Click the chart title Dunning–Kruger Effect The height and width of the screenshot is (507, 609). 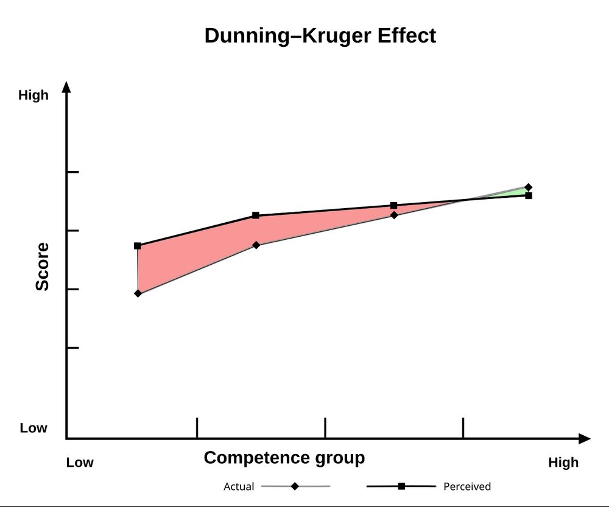[x=320, y=35]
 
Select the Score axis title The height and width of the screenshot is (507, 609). [x=42, y=267]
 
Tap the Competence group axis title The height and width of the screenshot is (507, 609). [x=284, y=458]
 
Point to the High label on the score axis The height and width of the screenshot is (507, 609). [x=33, y=96]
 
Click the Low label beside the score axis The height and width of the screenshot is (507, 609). [x=33, y=428]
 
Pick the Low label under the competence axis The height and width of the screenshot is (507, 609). [x=80, y=463]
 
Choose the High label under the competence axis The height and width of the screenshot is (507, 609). [x=563, y=463]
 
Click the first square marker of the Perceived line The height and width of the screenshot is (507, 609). [x=138, y=246]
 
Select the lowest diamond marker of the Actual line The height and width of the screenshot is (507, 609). [x=138, y=293]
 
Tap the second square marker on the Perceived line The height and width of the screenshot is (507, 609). [x=256, y=215]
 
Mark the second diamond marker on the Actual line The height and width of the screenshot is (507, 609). [x=256, y=245]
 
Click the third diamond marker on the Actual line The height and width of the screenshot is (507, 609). [x=394, y=215]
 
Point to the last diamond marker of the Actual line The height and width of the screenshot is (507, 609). [x=528, y=187]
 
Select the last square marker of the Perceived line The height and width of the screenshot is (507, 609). [x=529, y=195]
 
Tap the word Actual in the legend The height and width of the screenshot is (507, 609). [x=239, y=487]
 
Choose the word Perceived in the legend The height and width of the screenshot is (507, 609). [x=466, y=487]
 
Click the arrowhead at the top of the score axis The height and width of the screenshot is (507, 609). [x=67, y=86]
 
